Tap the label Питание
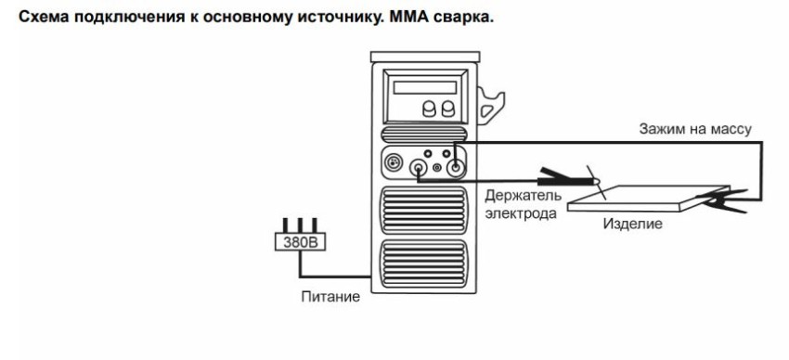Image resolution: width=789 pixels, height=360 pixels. pyautogui.click(x=329, y=297)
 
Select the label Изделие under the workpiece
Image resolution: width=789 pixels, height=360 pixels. pyautogui.click(x=632, y=225)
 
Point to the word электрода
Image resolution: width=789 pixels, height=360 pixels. pyautogui.click(x=521, y=213)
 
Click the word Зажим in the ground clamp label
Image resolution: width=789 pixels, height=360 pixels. pyautogui.click(x=659, y=129)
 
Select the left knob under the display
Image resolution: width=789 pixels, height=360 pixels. pyautogui.click(x=429, y=109)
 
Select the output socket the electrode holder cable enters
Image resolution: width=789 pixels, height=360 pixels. pyautogui.click(x=420, y=169)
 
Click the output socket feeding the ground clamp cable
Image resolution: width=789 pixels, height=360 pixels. pyautogui.click(x=455, y=168)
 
